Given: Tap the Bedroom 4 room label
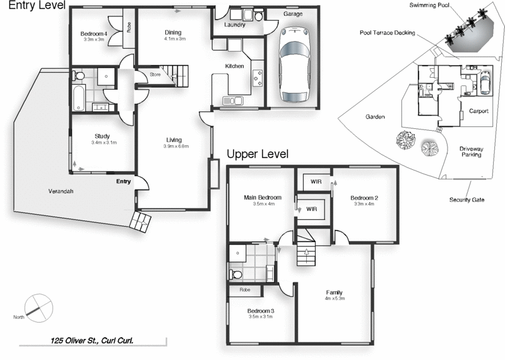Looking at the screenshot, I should (x=93, y=33).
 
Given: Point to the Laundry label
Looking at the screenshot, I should (x=235, y=25).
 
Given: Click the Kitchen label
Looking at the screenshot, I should (x=235, y=66).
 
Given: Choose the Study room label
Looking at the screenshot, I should (x=103, y=136).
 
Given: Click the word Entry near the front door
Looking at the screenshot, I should (x=123, y=182).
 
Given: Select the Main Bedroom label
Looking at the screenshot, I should (x=262, y=197).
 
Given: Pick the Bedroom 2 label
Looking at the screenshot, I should (x=365, y=198).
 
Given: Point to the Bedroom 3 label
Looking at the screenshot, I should (x=261, y=310).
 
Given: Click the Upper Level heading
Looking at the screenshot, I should (x=258, y=154).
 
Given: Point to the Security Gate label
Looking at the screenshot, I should (x=466, y=200).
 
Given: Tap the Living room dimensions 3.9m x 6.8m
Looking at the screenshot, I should (x=174, y=147).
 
